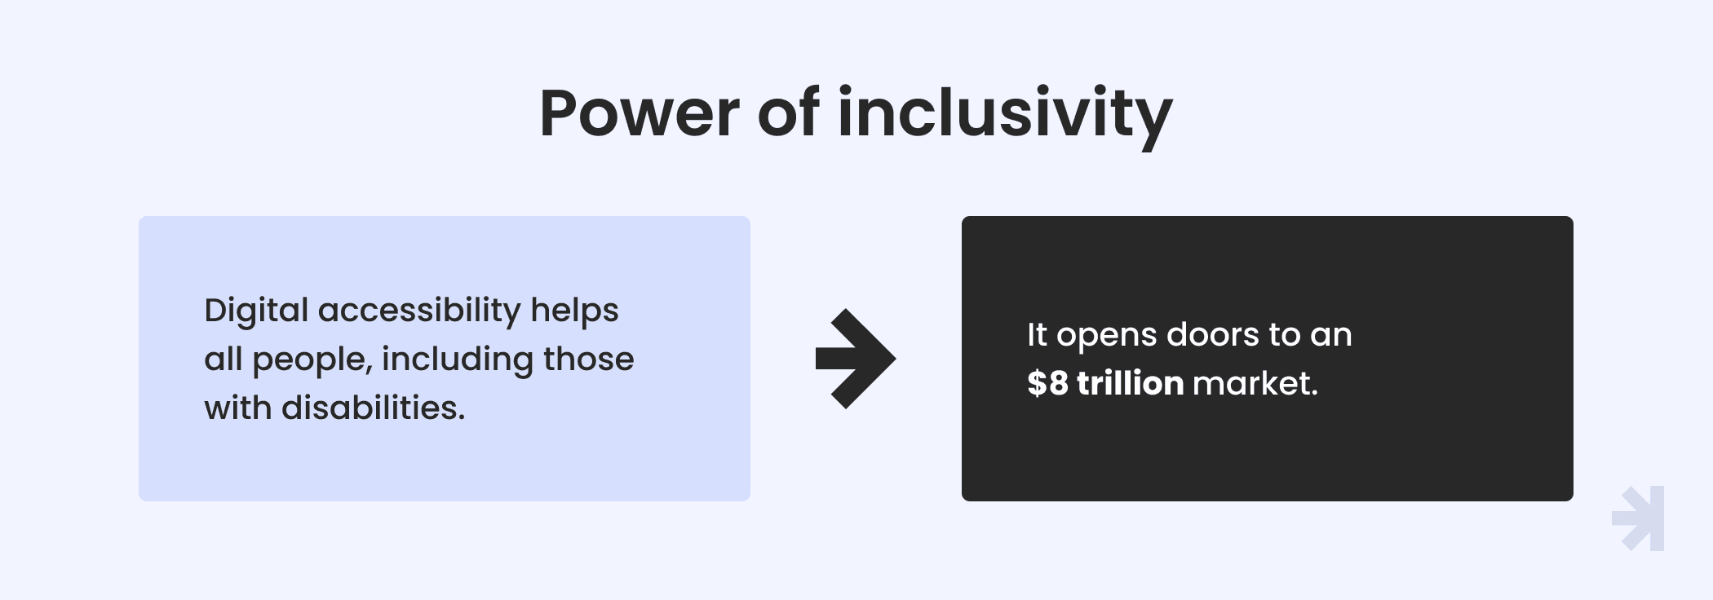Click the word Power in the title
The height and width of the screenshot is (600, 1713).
640,113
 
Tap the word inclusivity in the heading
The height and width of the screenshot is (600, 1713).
1005,117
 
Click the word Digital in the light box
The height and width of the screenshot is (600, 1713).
256,311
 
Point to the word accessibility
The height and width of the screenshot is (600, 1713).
419,311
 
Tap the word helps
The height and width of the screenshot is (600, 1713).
575,311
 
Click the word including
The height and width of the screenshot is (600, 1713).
457,360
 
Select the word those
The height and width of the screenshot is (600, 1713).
588,359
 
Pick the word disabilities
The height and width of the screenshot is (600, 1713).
374,408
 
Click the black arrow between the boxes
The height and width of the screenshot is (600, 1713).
856,359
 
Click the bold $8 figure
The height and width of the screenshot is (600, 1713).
1047,383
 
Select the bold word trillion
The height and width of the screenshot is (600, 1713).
1131,383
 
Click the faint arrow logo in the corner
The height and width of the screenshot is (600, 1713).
1638,518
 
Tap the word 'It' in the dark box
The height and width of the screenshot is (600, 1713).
1037,334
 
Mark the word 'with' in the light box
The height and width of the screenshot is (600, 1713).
238,408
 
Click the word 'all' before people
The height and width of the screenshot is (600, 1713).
224,359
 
